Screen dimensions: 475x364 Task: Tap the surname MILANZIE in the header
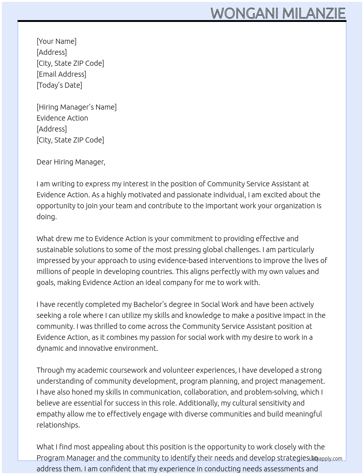314,14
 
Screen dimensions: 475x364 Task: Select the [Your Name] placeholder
56,41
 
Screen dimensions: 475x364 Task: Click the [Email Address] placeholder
61,74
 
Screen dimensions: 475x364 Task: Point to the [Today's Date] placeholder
59,85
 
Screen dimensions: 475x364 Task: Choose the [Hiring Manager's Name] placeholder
76,107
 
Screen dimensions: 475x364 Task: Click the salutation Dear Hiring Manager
71,162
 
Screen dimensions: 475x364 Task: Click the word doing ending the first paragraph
46,217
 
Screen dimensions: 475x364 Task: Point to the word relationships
58,425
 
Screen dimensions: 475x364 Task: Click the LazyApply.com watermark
326,459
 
